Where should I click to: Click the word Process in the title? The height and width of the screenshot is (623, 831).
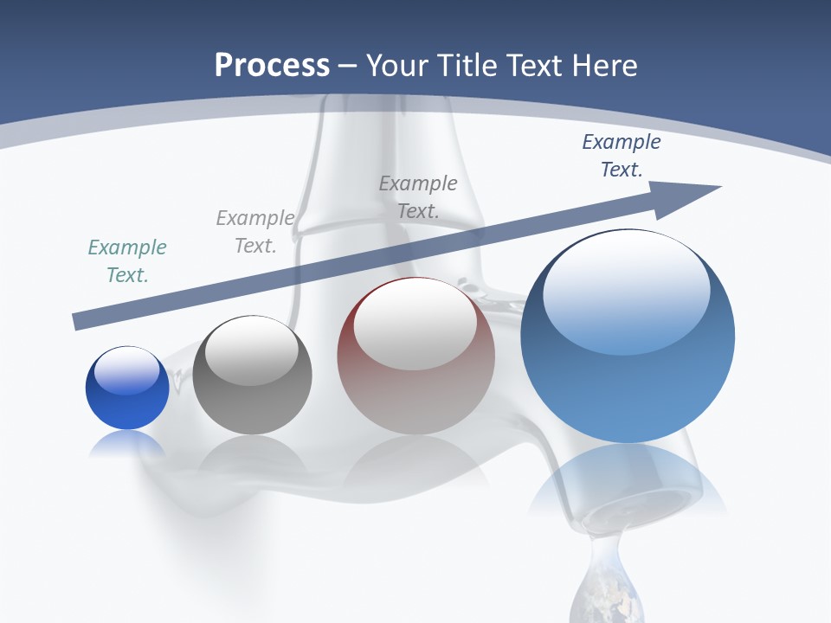point(272,65)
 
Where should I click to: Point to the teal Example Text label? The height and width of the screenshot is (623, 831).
point(127,261)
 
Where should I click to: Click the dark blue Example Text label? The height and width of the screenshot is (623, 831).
point(622,156)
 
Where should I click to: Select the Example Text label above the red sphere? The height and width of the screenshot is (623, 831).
point(418,197)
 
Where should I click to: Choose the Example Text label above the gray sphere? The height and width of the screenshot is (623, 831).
point(255,232)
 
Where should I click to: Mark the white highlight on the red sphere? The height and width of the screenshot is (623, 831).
point(415,322)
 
